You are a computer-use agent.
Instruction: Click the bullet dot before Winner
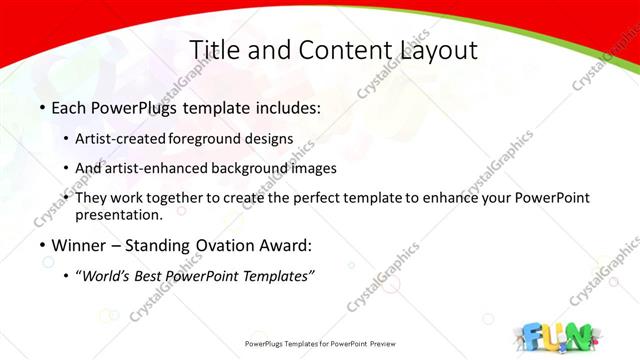[42, 245]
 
